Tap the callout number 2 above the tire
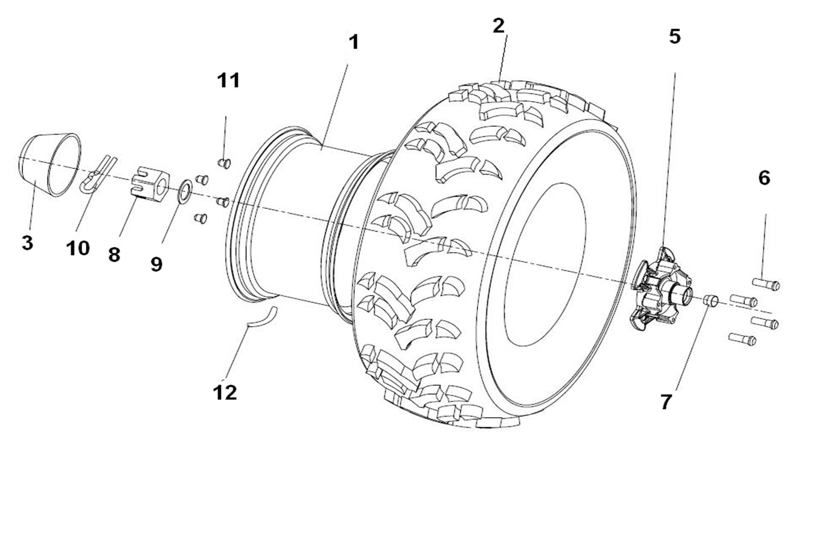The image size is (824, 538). coord(498,26)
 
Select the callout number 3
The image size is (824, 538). coord(27,243)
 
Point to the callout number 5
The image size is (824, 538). coord(674,36)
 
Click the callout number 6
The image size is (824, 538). coord(764,178)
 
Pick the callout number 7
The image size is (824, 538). coord(666,402)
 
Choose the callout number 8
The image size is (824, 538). coord(114,254)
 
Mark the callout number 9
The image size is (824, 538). coord(156,264)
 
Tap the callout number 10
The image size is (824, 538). coord(78,248)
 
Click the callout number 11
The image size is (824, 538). coord(228,80)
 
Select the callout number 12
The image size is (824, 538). coord(225,392)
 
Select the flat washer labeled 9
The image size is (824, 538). coord(185,190)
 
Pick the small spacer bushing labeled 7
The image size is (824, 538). coord(710,299)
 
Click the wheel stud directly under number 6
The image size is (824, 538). coord(766,283)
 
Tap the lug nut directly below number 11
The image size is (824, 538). coord(223,162)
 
